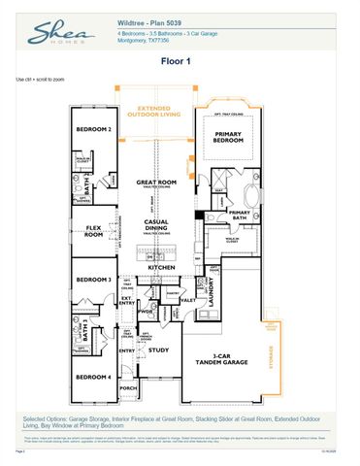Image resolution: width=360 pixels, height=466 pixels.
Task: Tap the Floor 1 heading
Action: (x=180, y=59)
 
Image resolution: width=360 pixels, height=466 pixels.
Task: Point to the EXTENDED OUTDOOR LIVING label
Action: (x=159, y=113)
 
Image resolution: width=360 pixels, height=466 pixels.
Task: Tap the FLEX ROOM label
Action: (x=94, y=231)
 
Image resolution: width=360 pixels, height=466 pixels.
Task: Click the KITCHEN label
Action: (x=161, y=267)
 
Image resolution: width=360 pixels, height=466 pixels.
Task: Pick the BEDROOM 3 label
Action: (x=94, y=280)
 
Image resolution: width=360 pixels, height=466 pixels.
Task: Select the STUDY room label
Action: (x=160, y=350)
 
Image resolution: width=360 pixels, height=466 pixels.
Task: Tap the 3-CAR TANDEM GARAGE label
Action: (x=227, y=358)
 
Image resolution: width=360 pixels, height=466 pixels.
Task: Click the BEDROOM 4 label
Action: (x=94, y=376)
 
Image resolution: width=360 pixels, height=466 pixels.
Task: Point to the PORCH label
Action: (x=128, y=386)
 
